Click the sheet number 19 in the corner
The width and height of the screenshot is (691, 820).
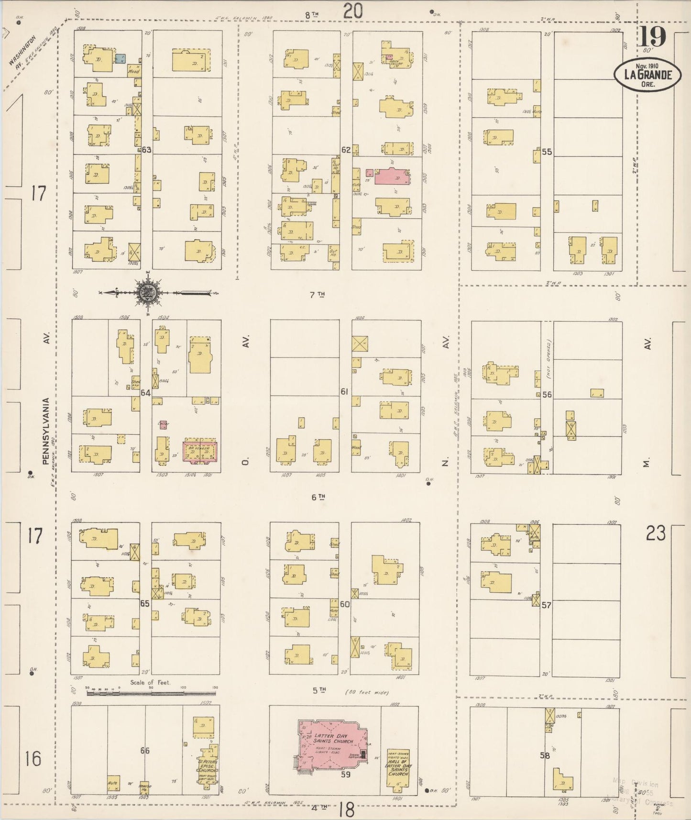pyautogui.click(x=654, y=37)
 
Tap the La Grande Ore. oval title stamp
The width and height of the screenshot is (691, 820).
pyautogui.click(x=647, y=75)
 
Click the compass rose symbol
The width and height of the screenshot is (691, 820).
pyautogui.click(x=147, y=293)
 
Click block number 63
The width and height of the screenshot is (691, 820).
pyautogui.click(x=146, y=150)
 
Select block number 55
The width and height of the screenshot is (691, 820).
pyautogui.click(x=547, y=152)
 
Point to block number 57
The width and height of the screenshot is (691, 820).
pyautogui.click(x=547, y=605)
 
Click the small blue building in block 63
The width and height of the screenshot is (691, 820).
pyautogui.click(x=120, y=58)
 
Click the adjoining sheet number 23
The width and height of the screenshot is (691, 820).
pyautogui.click(x=656, y=532)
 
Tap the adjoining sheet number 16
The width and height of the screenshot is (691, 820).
pyautogui.click(x=33, y=759)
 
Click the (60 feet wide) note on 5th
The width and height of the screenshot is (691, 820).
pyautogui.click(x=366, y=692)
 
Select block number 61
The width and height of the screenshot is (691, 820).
pyautogui.click(x=344, y=392)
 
